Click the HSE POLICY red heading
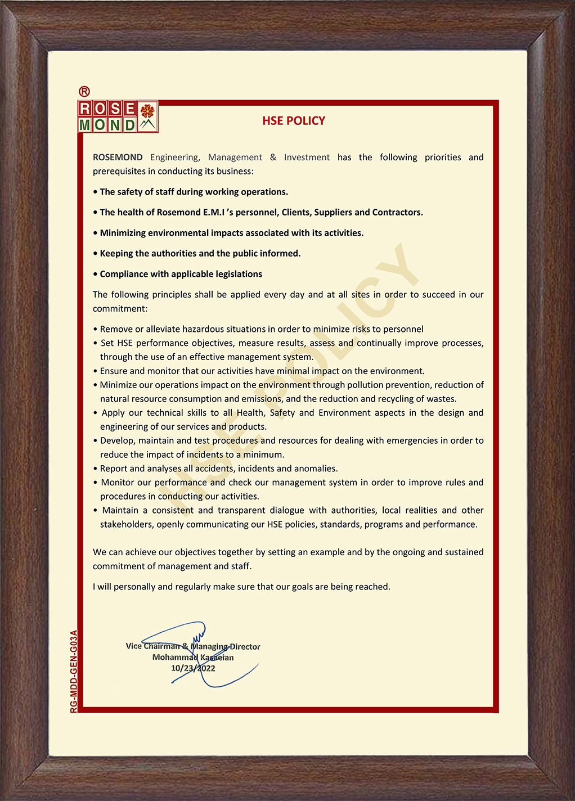[x=294, y=120]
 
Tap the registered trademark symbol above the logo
[x=84, y=91]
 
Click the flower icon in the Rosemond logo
[x=147, y=110]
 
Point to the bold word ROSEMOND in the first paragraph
[x=118, y=157]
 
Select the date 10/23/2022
[x=193, y=668]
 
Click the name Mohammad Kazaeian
[x=193, y=657]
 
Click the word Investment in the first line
[x=307, y=157]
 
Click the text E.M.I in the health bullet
[x=214, y=212]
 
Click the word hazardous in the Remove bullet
[x=202, y=329]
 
